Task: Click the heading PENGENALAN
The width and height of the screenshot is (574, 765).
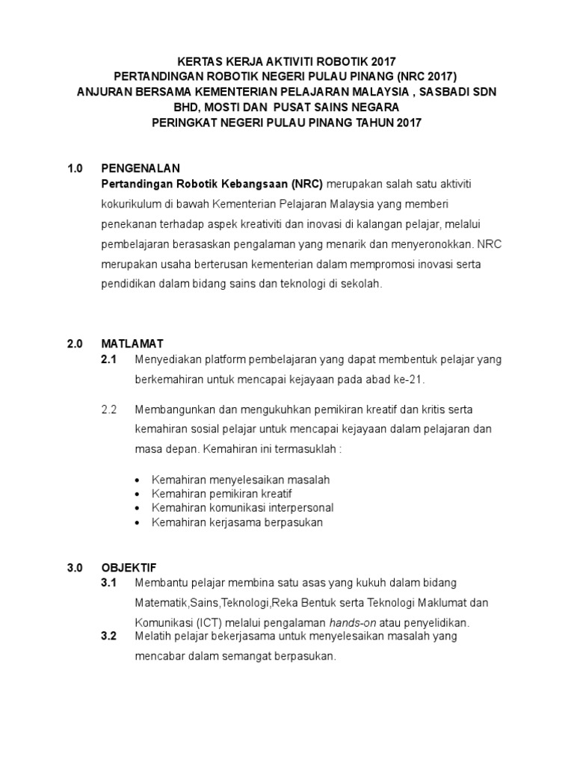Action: point(141,168)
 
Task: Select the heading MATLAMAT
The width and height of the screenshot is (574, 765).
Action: point(133,344)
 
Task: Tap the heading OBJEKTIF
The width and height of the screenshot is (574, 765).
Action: point(129,568)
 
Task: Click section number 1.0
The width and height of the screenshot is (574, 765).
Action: point(75,168)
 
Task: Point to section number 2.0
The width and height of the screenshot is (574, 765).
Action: point(75,344)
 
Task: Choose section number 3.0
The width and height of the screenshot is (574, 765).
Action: point(75,568)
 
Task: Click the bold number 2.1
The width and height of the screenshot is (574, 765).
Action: point(109,359)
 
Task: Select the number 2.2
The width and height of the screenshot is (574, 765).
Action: point(109,409)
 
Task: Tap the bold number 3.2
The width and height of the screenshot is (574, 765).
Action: point(109,637)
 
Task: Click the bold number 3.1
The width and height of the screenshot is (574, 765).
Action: point(109,582)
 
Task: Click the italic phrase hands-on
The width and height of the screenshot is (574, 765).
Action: point(355,622)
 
